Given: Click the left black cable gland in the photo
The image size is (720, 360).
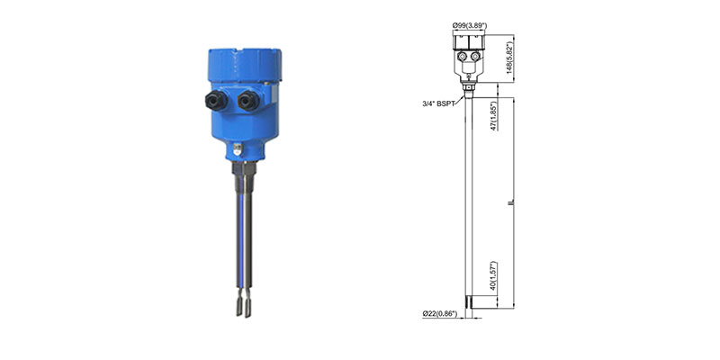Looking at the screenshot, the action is [216, 100].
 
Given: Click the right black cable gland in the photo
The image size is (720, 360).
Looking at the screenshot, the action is [248, 101].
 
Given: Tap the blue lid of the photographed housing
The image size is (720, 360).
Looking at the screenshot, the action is [245, 65].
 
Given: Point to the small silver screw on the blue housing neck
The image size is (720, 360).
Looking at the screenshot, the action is [237, 149].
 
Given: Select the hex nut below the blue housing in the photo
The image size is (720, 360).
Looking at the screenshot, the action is [244, 168].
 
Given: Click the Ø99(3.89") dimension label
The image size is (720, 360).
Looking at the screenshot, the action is [469, 26].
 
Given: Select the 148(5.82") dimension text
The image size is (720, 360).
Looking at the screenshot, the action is [509, 58].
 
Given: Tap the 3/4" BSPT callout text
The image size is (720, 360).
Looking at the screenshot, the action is [438, 103].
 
